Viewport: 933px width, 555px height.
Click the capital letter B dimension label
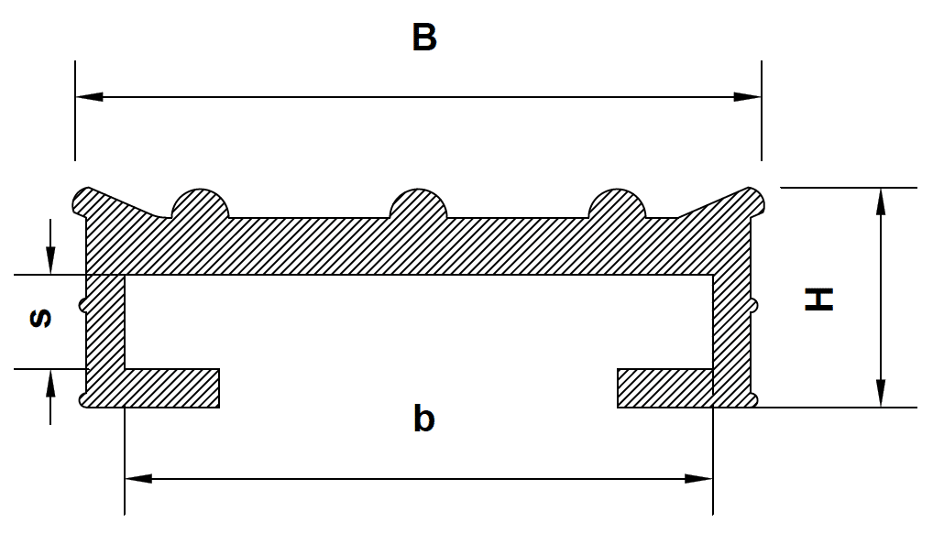[424, 38]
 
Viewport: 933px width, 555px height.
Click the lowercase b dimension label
[423, 419]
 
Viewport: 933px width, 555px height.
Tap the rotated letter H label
[818, 299]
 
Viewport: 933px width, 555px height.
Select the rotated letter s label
[40, 319]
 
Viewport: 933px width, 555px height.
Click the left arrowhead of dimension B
[89, 96]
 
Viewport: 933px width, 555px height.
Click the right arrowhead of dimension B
[747, 96]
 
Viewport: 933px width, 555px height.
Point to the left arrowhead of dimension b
[138, 478]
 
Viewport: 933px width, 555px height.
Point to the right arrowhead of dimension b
[698, 478]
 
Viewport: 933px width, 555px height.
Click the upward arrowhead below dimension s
[50, 384]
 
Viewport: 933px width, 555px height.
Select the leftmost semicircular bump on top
[201, 203]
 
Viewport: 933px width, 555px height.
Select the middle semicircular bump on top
[418, 203]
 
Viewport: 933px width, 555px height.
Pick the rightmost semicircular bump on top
[617, 203]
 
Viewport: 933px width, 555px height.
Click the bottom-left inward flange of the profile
[172, 387]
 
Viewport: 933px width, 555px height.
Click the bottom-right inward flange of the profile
[665, 387]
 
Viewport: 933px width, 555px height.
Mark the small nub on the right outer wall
[754, 306]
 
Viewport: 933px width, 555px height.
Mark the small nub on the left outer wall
[82, 306]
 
